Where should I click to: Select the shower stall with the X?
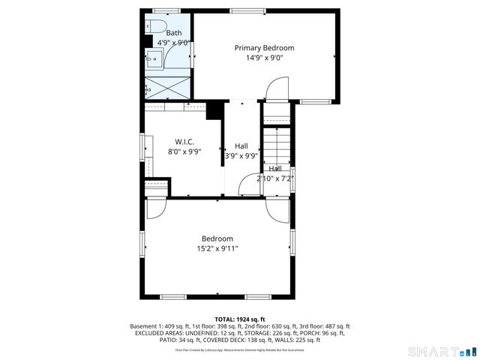tap(167, 87)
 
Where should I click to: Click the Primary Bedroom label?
tap(264, 48)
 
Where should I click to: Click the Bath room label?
tap(173, 33)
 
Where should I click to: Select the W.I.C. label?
tap(185, 141)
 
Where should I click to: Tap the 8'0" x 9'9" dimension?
tap(185, 152)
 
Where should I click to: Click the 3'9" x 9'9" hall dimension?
tap(241, 156)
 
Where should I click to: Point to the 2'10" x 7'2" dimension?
tap(274, 178)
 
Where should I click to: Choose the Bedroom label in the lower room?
tap(217, 238)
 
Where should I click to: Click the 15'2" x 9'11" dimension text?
tap(217, 249)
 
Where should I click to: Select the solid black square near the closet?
tap(214, 109)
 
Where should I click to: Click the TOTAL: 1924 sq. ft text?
tap(239, 319)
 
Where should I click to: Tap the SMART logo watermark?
tap(442, 352)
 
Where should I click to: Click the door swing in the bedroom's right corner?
tap(276, 210)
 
